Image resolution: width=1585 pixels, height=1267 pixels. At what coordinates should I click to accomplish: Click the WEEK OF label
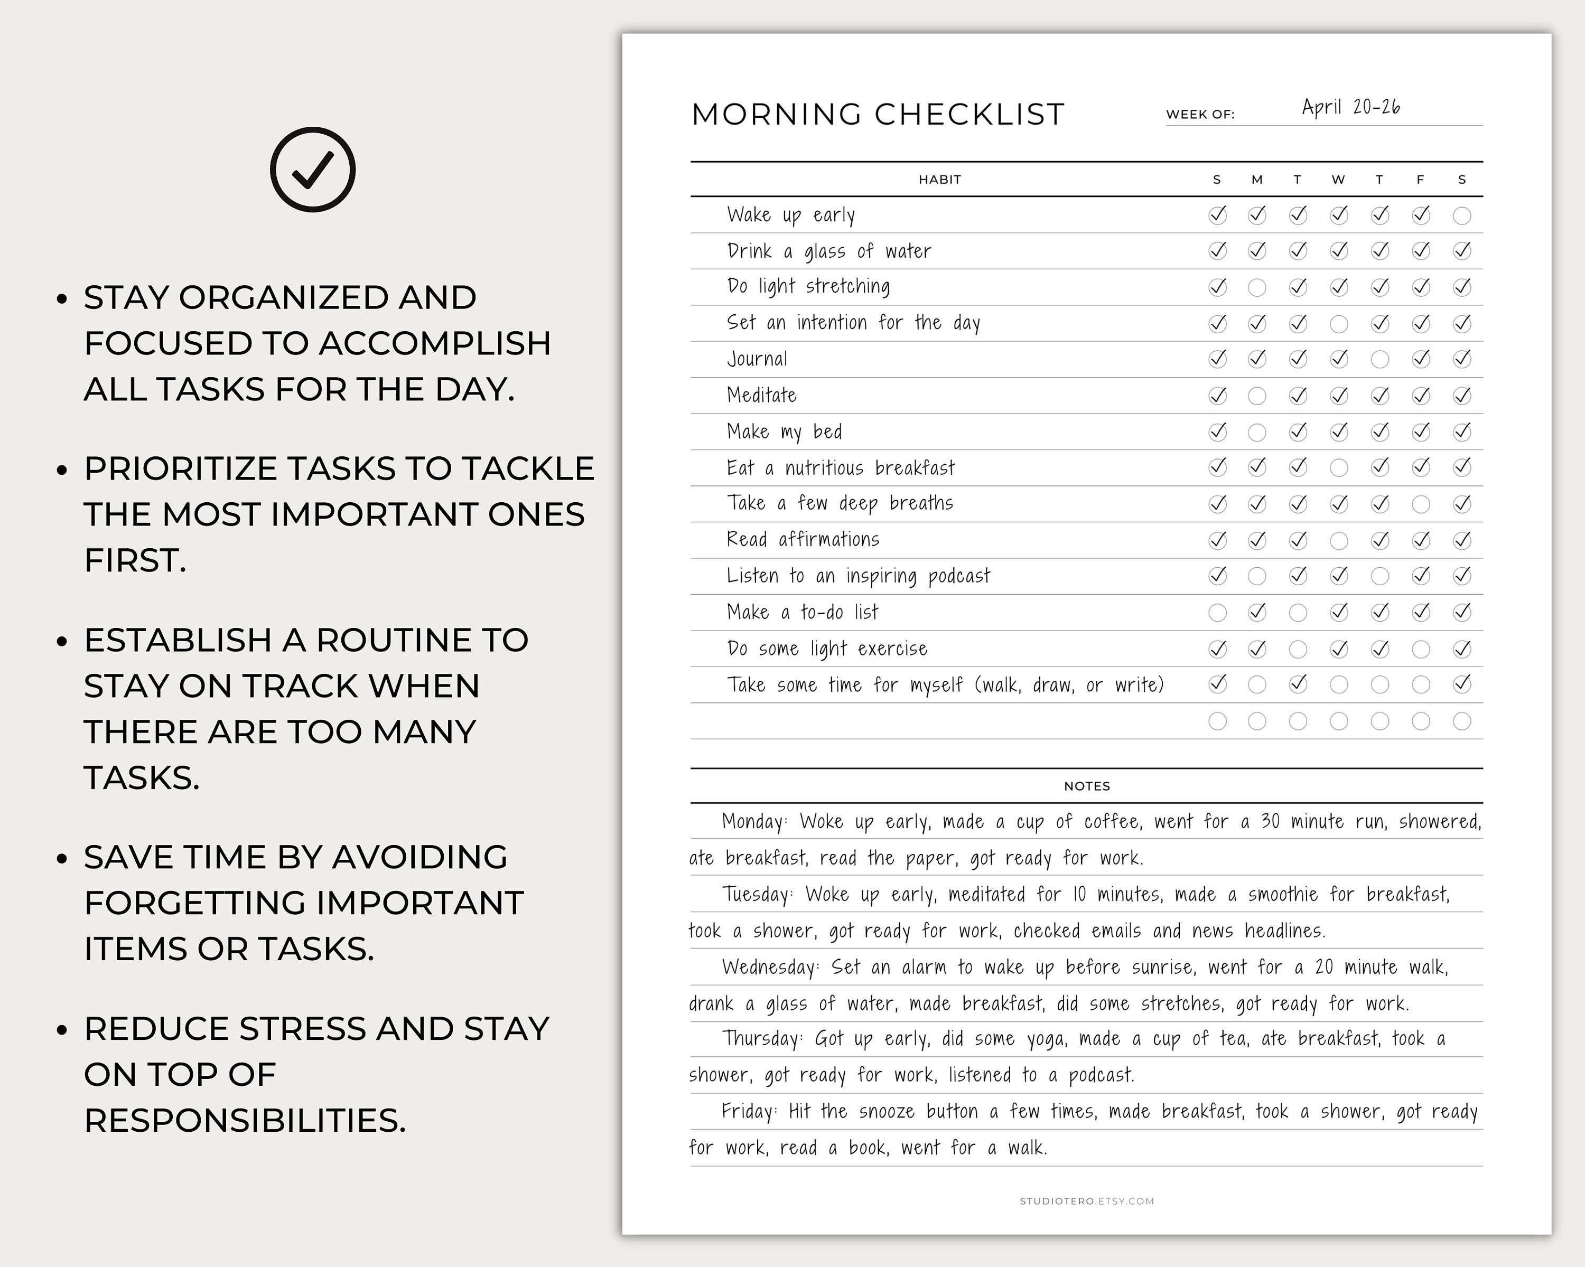[1200, 115]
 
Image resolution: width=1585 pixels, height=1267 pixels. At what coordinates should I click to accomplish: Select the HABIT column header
[939, 180]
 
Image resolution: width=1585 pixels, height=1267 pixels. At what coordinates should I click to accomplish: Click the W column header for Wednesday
[1338, 180]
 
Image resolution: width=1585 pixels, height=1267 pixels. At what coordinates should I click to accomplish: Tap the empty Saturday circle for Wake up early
[1461, 215]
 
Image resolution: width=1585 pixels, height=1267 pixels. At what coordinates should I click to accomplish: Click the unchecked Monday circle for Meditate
[1257, 396]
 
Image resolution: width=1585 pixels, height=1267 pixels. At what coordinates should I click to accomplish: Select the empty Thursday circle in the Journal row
[1380, 359]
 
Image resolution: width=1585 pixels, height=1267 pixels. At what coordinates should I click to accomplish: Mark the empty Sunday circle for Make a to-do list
[1217, 612]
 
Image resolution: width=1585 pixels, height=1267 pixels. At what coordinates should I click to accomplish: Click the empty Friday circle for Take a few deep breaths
[1420, 504]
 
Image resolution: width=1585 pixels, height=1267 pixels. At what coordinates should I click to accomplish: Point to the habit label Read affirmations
[802, 539]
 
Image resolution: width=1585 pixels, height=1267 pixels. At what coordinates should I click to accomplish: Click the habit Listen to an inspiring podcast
[858, 576]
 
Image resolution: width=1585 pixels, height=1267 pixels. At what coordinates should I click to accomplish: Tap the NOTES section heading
[1087, 786]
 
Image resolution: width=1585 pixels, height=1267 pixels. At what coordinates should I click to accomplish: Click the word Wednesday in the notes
[769, 967]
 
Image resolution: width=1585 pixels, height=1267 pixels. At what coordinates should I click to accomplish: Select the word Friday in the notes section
[747, 1111]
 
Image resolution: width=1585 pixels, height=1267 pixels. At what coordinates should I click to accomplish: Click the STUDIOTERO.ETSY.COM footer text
[1087, 1201]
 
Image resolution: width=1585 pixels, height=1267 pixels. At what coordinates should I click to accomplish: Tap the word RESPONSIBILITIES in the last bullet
[244, 1121]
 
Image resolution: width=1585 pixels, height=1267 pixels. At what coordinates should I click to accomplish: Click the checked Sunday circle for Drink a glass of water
[1217, 251]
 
